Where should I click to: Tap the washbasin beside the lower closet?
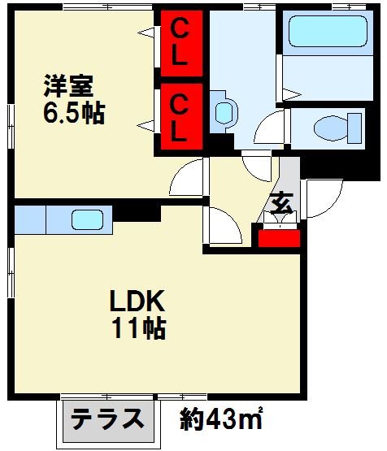223,113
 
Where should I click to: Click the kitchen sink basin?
86,219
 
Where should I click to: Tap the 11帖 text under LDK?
138,329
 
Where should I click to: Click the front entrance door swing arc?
319,199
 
